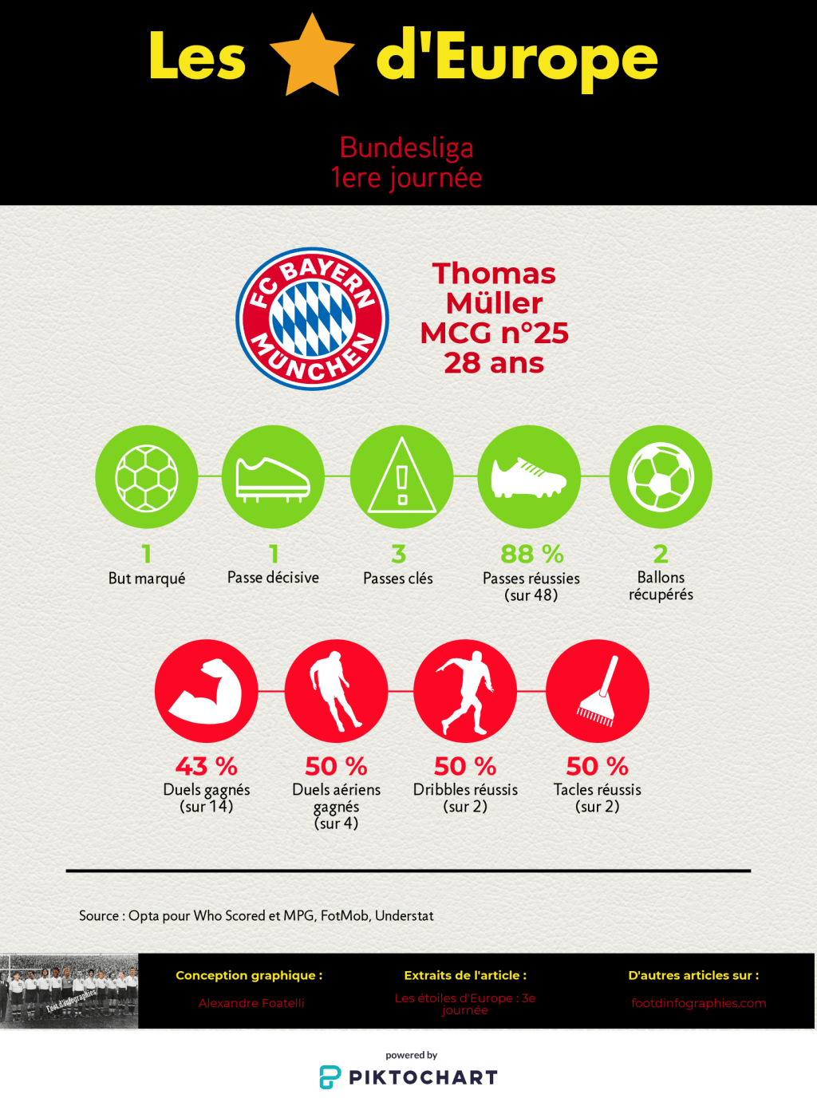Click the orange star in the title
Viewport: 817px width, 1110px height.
[x=312, y=57]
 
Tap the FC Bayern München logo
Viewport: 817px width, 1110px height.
[x=312, y=318]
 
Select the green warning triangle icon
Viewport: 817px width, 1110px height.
[x=401, y=476]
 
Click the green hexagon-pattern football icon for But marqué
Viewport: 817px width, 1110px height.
[x=147, y=476]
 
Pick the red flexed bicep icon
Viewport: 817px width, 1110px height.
[x=206, y=690]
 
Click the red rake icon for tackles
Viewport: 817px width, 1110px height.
[x=597, y=690]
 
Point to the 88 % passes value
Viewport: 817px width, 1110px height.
[x=531, y=554]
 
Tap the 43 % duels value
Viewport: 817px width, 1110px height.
[x=206, y=766]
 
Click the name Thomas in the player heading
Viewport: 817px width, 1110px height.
[x=494, y=274]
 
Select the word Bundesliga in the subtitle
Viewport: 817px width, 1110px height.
[x=406, y=148]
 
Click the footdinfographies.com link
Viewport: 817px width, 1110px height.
[x=698, y=1003]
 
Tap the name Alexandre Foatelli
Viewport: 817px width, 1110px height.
[x=251, y=1003]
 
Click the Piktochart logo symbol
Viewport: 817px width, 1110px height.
[x=330, y=1077]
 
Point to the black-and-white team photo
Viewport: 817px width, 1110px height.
[x=69, y=990]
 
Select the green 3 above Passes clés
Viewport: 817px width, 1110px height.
[x=399, y=554]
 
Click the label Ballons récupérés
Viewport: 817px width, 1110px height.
[x=661, y=586]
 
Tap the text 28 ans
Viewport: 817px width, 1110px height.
[x=494, y=363]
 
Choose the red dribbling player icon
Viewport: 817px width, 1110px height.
[x=465, y=690]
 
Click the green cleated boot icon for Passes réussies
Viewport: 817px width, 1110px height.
[x=529, y=476]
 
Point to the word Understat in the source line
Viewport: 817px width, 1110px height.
[x=405, y=915]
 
